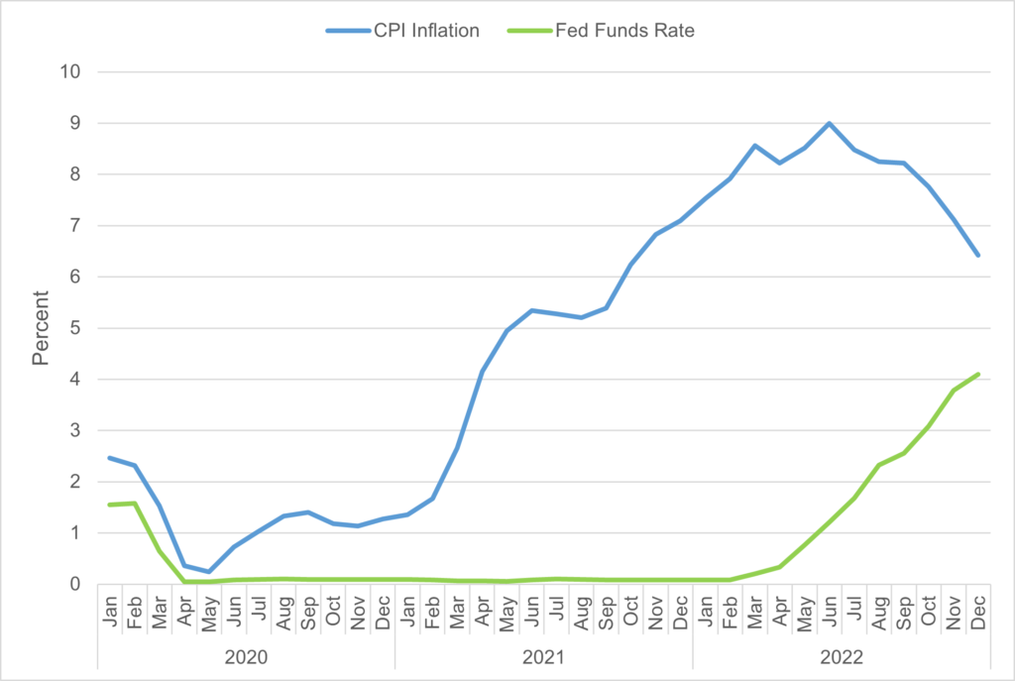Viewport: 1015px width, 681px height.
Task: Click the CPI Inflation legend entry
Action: point(402,31)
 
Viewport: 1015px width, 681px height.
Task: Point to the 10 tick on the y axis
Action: point(74,72)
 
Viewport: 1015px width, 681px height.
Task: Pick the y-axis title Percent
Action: point(41,328)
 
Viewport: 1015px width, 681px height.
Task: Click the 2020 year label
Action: point(246,656)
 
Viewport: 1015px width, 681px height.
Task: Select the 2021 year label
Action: point(543,656)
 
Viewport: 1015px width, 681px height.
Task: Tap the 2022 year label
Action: point(841,656)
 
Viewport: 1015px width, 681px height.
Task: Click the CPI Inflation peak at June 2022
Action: point(829,124)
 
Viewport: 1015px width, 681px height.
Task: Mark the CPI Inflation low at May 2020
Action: point(209,572)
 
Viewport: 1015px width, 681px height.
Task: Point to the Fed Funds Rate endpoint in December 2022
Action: point(977,374)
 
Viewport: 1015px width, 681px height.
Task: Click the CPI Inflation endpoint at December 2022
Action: point(977,255)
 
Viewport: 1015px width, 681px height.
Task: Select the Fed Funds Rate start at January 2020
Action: point(110,505)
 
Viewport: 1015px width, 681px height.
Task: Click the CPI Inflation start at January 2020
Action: point(110,458)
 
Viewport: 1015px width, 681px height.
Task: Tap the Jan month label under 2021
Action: point(407,607)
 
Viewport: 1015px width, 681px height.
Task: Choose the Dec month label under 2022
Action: point(977,607)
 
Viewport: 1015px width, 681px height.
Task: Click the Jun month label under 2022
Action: point(829,607)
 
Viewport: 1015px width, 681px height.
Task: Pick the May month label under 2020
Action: point(209,607)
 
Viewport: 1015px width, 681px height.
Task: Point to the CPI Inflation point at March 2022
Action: point(754,146)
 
